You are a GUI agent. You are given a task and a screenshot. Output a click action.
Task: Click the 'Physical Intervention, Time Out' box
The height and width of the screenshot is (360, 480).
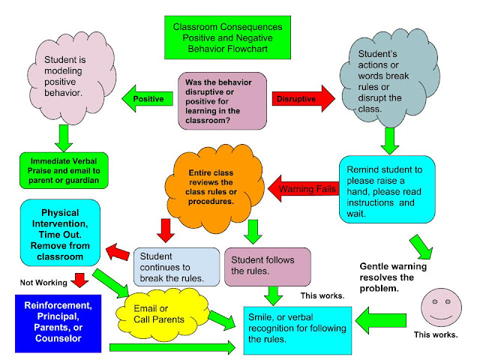[59, 232]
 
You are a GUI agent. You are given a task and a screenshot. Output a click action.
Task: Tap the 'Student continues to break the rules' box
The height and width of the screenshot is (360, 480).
[176, 266]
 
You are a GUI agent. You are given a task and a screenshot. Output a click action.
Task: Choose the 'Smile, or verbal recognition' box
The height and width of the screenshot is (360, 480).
[301, 331]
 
